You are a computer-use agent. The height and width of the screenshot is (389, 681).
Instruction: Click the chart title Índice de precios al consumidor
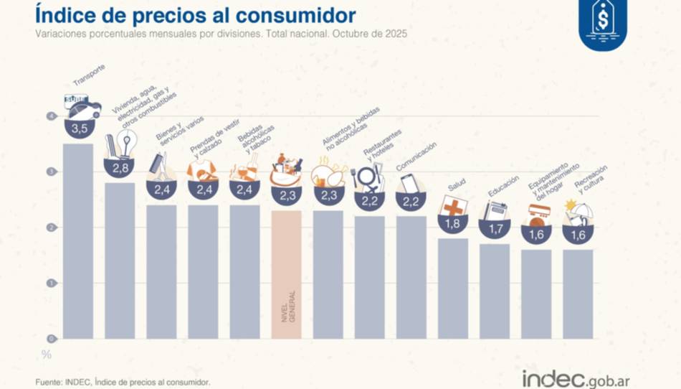(195, 16)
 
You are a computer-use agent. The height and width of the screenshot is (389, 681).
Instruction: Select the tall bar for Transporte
(77, 240)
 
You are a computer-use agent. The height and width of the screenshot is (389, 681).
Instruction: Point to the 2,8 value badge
(119, 169)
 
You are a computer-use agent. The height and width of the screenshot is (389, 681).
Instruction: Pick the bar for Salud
(452, 288)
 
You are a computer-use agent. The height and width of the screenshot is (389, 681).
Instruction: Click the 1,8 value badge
(452, 225)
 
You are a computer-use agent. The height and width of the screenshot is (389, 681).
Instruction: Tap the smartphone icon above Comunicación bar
(409, 183)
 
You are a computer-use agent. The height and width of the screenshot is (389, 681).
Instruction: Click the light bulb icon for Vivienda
(127, 144)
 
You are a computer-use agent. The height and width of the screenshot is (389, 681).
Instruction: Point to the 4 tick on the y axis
(50, 116)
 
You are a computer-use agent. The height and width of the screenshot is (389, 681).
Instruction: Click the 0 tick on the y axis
(50, 338)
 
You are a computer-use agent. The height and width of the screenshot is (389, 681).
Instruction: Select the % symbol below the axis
(47, 354)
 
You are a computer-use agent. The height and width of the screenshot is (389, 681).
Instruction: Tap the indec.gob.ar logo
(576, 378)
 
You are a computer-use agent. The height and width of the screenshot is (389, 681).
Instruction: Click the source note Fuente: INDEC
(123, 383)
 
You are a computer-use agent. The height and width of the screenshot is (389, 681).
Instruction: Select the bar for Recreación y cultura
(577, 294)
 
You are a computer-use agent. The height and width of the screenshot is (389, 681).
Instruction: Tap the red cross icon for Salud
(453, 207)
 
